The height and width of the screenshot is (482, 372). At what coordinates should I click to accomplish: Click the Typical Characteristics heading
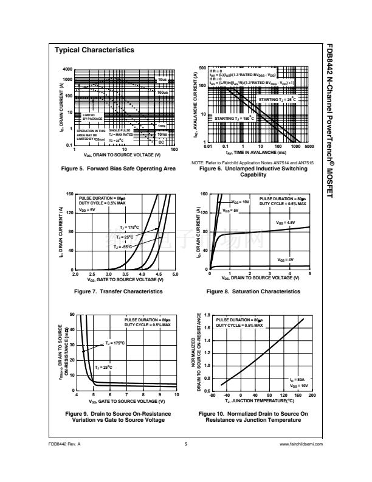(94, 51)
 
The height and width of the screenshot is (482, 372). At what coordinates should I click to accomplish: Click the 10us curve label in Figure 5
(162, 80)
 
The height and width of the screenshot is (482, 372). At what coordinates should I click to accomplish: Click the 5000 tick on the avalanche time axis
(309, 147)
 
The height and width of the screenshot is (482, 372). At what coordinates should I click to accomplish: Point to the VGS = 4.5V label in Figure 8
(286, 223)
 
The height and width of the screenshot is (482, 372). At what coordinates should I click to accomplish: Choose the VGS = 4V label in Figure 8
(285, 260)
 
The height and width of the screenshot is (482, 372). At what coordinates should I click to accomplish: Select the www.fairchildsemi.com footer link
(300, 444)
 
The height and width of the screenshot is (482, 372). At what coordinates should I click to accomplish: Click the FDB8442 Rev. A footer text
(65, 444)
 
